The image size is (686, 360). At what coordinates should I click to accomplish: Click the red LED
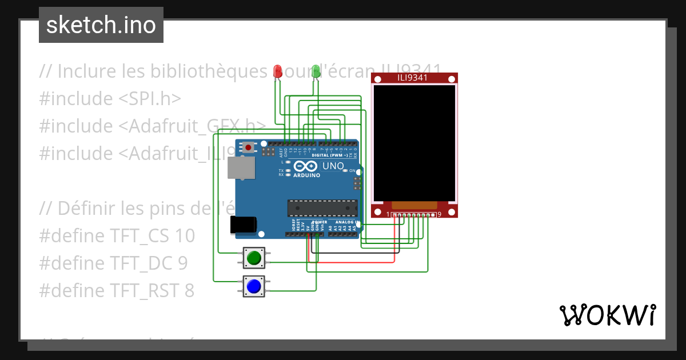(x=278, y=71)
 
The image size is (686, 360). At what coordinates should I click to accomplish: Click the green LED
(x=316, y=71)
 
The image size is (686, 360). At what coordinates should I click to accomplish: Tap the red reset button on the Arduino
(x=248, y=147)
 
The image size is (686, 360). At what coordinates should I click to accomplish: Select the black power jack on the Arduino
(x=241, y=225)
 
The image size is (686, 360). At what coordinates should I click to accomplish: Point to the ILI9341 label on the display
(x=413, y=78)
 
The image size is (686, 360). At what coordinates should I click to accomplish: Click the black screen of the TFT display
(x=414, y=142)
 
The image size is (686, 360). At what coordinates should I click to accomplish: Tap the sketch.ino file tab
(x=101, y=25)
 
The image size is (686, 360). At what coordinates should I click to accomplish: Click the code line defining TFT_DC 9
(x=113, y=263)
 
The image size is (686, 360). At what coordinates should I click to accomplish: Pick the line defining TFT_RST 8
(x=117, y=290)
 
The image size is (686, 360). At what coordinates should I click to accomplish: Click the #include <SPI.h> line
(x=110, y=99)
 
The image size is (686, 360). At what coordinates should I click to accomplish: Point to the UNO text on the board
(x=333, y=166)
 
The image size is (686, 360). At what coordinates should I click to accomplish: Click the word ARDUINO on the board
(x=307, y=175)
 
